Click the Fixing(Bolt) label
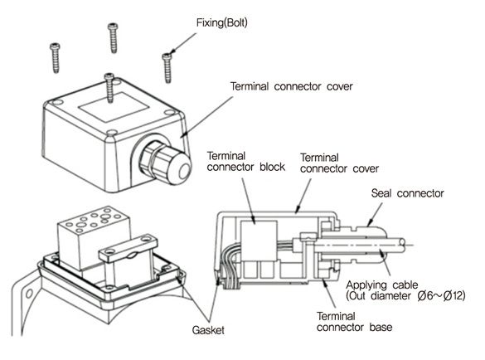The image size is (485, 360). [222, 23]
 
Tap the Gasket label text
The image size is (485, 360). [208, 330]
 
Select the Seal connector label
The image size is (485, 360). [407, 193]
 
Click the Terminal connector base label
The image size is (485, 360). [354, 322]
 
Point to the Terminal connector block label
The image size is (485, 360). [246, 161]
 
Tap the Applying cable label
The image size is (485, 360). [381, 285]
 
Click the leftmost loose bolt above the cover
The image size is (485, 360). [55, 58]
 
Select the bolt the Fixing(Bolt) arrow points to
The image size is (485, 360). [167, 68]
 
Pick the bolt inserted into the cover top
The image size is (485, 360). [109, 88]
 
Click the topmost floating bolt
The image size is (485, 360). [113, 38]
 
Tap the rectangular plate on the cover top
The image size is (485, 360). [114, 106]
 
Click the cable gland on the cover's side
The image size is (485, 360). [165, 163]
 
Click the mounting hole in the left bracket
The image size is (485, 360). [29, 293]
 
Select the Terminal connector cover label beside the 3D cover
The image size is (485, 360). [291, 86]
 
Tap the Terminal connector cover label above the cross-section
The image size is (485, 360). [339, 163]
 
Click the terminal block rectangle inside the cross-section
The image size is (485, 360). [259, 241]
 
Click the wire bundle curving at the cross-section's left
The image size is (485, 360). [227, 266]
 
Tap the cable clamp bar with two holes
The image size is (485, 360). [129, 247]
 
